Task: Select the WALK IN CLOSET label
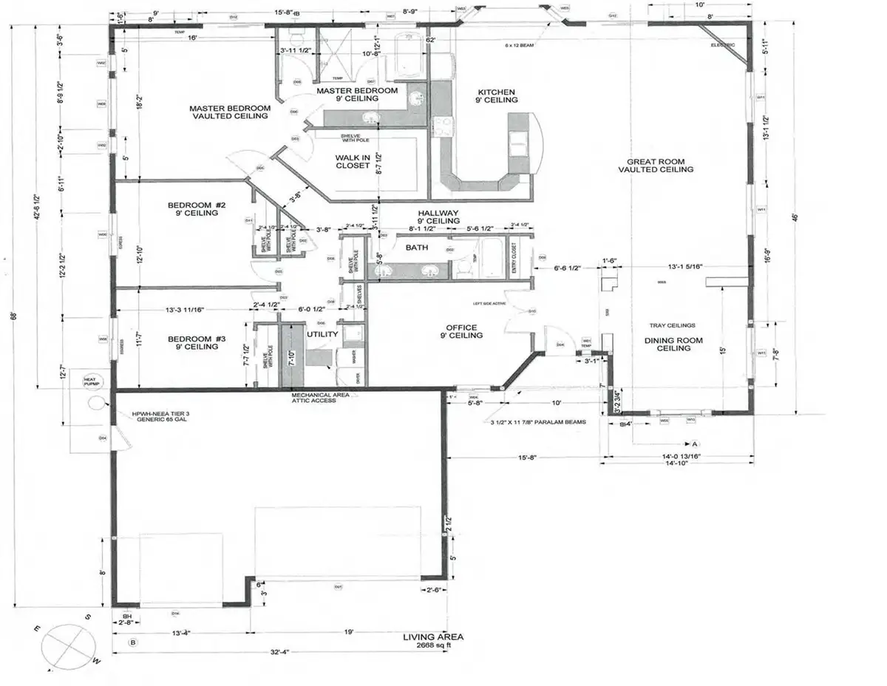tap(353, 161)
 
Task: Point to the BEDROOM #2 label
tap(191, 208)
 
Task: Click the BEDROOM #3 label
tap(191, 342)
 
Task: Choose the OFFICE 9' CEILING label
tap(461, 331)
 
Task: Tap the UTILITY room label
tap(322, 334)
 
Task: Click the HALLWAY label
tap(439, 216)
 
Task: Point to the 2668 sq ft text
tap(433, 645)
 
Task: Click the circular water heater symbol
tap(97, 403)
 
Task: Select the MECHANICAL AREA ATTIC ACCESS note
tap(321, 398)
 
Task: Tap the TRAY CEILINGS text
tap(671, 325)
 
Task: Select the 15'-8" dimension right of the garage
tap(528, 458)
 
